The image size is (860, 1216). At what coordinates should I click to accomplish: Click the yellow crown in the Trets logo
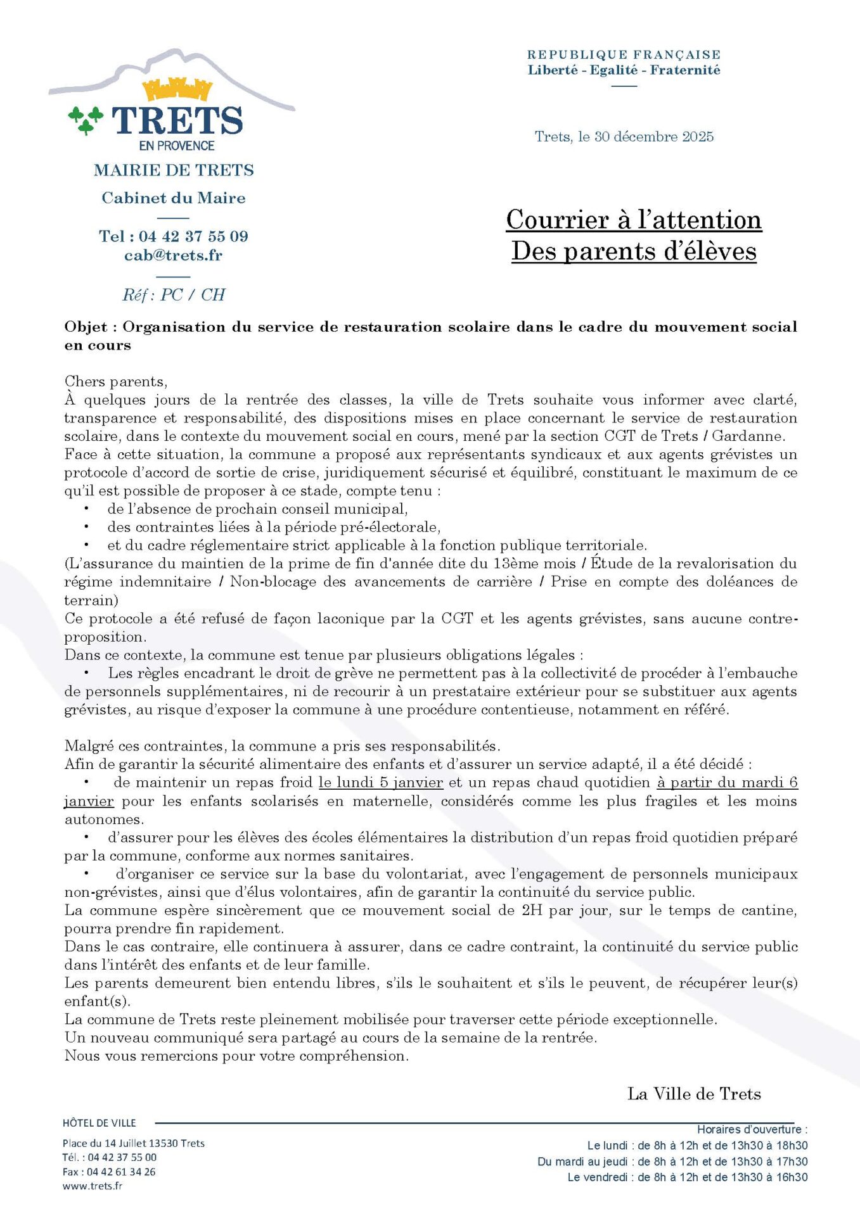point(176,89)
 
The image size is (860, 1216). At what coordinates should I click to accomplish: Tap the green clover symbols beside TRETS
point(86,119)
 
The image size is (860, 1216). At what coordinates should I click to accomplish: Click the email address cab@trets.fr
point(173,255)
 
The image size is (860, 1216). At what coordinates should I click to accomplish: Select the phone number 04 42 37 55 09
point(193,236)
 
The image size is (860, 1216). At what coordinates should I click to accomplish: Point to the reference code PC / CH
point(193,294)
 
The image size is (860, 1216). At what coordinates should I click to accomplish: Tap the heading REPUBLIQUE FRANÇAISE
point(624,55)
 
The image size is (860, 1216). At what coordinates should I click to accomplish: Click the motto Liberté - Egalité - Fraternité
point(624,70)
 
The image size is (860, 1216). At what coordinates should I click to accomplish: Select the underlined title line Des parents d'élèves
point(634,251)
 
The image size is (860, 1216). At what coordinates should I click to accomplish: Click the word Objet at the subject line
point(86,327)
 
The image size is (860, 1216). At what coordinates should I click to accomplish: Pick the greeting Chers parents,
point(116,381)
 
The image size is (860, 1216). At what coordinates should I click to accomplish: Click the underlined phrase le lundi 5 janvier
point(380,782)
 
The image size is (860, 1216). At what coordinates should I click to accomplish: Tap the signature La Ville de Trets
point(694,1094)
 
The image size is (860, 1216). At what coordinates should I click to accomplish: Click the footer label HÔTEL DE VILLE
point(99,1123)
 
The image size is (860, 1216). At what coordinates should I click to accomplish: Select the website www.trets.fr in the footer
point(93,1186)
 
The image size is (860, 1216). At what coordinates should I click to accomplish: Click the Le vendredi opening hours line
point(688,1177)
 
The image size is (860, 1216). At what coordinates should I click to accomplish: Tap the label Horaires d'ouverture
point(752,1129)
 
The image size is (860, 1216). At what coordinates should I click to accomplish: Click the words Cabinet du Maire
point(173,198)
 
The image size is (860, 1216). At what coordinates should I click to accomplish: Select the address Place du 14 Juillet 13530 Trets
point(133,1143)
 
